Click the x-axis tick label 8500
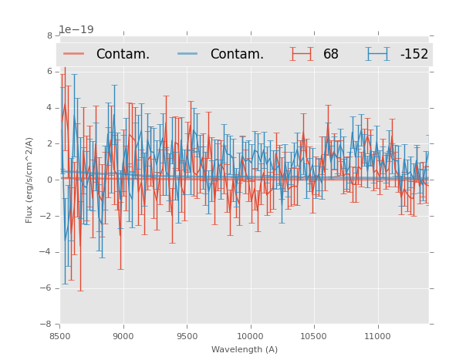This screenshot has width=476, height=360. (60, 335)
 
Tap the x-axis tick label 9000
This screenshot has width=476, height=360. (123, 335)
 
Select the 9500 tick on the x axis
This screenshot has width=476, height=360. (187, 335)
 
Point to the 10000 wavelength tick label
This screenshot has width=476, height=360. (250, 335)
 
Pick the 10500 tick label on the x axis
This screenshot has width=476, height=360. (313, 335)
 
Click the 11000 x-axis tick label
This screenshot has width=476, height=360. (377, 335)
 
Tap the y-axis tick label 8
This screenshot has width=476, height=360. (49, 35)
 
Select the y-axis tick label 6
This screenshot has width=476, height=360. (49, 72)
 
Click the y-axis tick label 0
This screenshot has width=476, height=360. (49, 180)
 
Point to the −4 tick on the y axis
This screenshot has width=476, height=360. (47, 252)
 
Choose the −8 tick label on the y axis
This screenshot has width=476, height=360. (47, 325)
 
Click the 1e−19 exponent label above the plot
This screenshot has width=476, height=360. (76, 30)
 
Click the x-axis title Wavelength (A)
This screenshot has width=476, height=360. (245, 349)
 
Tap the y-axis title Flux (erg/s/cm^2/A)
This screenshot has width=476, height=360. (29, 180)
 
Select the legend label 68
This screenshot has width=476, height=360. (331, 55)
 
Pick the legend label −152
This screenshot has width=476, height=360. (414, 55)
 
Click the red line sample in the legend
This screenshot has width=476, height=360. (74, 54)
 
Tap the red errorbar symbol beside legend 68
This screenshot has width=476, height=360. (302, 54)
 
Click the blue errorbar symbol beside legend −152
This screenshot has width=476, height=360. (377, 54)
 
